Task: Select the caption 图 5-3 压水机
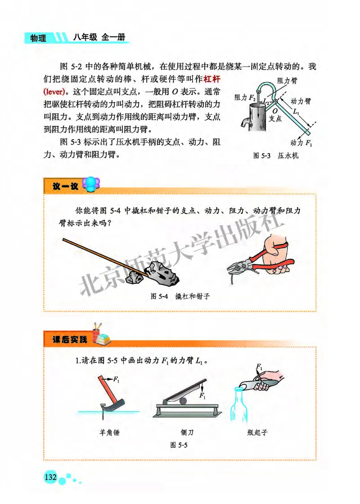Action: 276,156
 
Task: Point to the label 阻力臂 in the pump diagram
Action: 286,80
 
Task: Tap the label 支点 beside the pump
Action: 275,118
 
